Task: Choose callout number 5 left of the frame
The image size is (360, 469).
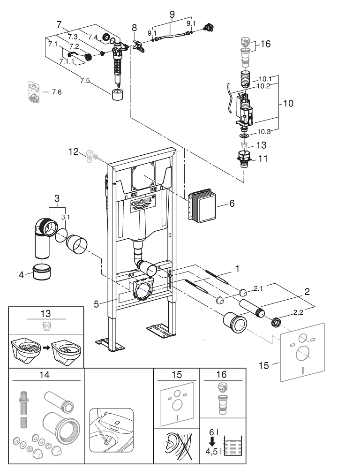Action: [x=96, y=303]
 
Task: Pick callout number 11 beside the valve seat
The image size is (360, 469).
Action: [x=263, y=159]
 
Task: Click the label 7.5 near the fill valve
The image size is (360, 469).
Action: [x=85, y=80]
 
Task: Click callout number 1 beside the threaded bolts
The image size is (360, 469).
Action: [x=237, y=269]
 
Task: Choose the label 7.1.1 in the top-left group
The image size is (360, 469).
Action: [x=67, y=61]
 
